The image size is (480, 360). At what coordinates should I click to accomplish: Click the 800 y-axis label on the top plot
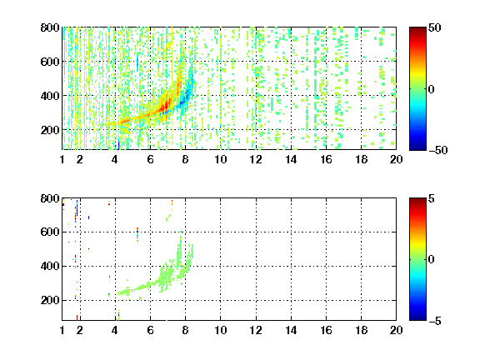50,27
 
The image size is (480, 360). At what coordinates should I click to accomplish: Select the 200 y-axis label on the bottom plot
50,300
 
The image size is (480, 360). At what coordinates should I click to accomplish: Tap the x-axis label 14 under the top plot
291,159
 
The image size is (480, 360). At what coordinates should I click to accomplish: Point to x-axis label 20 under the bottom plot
396,330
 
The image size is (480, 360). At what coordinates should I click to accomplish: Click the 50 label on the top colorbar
435,27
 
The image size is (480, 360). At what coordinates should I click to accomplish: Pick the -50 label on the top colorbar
438,150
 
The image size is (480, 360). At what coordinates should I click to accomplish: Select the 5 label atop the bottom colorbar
432,198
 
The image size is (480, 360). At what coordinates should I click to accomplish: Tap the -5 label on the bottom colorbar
435,321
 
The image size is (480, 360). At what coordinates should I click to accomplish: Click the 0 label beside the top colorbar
432,89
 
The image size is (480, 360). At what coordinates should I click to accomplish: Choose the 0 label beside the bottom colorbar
432,260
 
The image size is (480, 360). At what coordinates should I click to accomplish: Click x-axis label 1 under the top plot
62,159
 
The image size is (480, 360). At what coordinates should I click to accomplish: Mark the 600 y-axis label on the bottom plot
50,232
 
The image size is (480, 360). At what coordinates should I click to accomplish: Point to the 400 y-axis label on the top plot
50,96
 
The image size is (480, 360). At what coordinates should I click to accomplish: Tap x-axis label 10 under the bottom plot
220,330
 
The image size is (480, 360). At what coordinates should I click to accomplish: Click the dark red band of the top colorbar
417,31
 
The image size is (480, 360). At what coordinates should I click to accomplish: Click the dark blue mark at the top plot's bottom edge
118,144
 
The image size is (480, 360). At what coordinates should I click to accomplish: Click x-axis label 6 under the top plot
150,159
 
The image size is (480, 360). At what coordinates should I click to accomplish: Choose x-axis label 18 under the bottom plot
361,330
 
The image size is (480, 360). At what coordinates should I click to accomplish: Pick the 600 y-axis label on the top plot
50,62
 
